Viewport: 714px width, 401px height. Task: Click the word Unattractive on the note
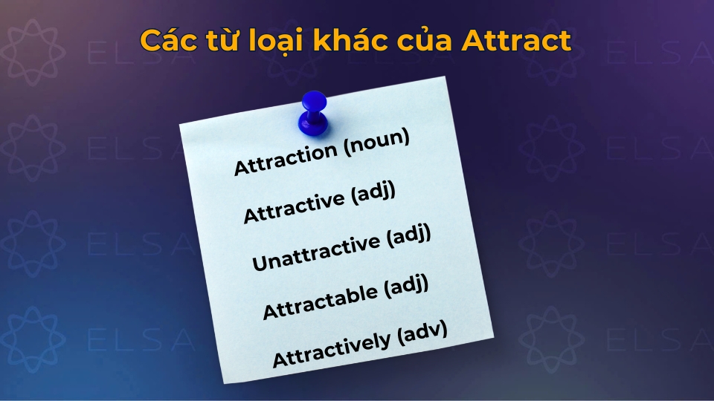tap(312, 250)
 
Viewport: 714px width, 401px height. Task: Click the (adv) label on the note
tap(422, 330)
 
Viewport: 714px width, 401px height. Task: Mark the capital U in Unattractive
tap(257, 264)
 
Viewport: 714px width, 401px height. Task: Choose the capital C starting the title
tap(151, 41)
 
